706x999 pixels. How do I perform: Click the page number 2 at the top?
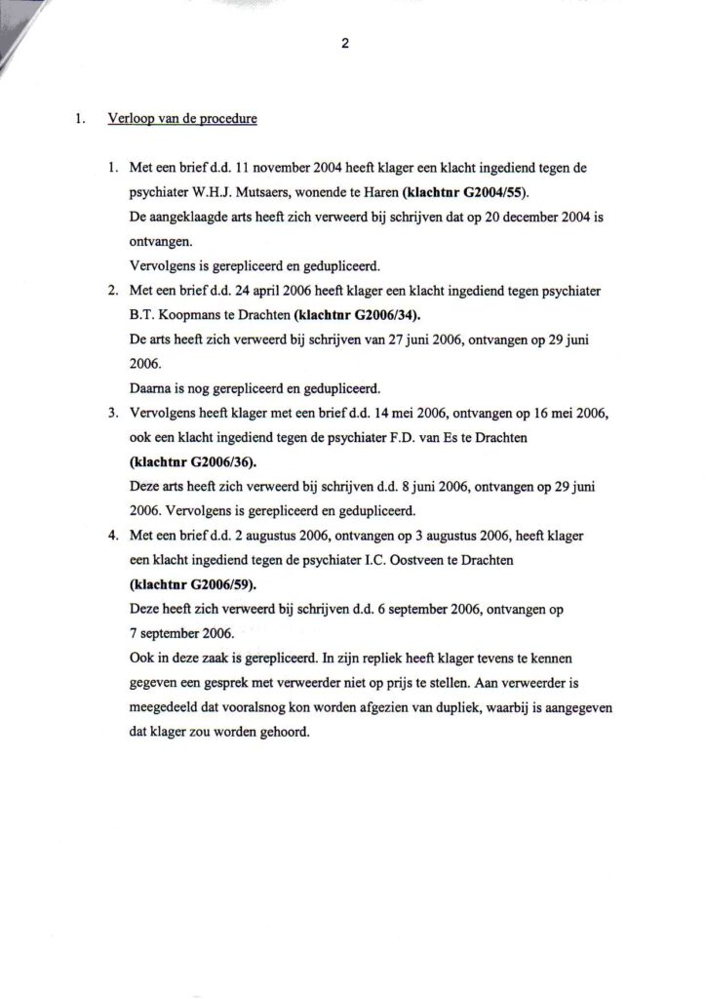345,42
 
